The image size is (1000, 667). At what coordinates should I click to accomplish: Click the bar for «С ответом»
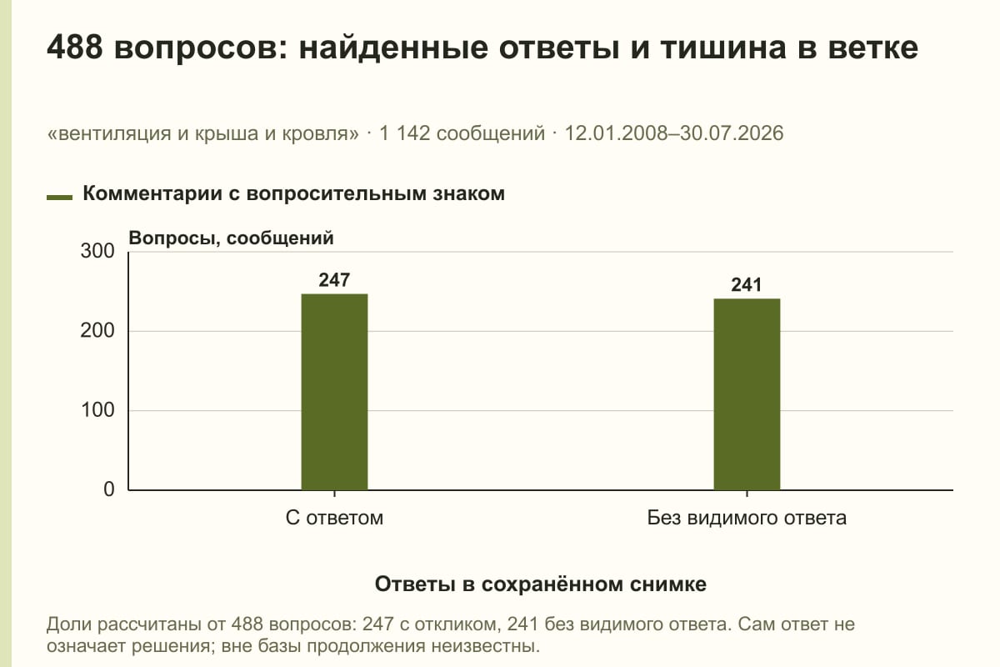pos(334,392)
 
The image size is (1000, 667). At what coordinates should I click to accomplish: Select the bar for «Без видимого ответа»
pos(747,394)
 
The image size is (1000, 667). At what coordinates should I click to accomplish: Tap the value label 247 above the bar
pos(334,280)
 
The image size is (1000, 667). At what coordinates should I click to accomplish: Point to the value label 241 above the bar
pos(747,285)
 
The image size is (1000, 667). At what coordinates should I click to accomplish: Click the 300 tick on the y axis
pos(97,251)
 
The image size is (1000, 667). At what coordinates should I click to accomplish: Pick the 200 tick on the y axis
pos(97,331)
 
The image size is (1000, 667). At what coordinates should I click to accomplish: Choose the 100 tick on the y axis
pos(97,410)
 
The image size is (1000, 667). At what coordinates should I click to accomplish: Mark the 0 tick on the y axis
pos(109,489)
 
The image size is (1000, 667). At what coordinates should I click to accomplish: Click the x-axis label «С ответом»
pos(334,519)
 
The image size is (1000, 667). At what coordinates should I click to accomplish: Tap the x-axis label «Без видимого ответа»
pos(747,519)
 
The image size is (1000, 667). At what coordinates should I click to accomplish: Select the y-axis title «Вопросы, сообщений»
pos(232,238)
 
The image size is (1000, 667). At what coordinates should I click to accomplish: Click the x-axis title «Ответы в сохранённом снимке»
pos(541,584)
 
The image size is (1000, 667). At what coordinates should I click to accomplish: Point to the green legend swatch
pos(59,197)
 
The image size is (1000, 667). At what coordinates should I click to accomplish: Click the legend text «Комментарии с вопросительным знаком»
pos(293,194)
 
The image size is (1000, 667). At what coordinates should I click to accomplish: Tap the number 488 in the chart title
pos(74,48)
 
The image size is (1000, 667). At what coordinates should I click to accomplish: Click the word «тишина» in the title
pos(723,48)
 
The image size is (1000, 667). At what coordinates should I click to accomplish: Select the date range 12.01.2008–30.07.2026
pos(674,133)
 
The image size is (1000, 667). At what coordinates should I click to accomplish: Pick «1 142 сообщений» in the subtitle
pos(462,133)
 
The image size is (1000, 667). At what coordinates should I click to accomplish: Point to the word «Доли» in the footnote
pos(68,625)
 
